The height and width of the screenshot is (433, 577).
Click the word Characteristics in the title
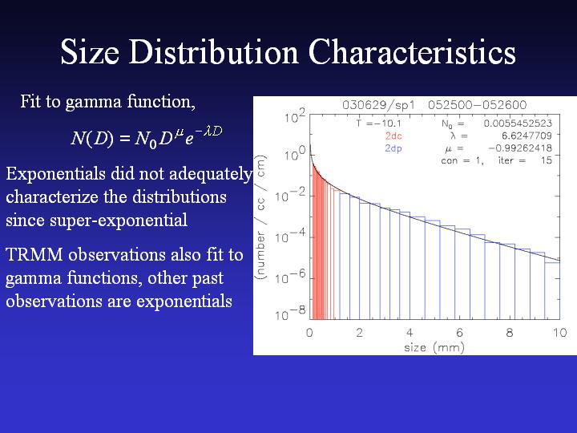(x=412, y=52)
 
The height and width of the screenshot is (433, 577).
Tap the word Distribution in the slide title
(x=213, y=52)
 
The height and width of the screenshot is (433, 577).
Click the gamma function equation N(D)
(x=147, y=138)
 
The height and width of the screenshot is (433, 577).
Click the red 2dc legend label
(x=393, y=136)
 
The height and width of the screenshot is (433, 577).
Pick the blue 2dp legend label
(x=393, y=149)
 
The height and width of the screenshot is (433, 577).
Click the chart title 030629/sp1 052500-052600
(x=434, y=105)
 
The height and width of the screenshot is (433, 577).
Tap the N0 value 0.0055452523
(x=518, y=123)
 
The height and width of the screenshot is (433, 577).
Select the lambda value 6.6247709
(x=527, y=136)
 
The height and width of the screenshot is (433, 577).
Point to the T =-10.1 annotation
(x=378, y=123)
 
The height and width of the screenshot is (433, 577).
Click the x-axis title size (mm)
(x=434, y=347)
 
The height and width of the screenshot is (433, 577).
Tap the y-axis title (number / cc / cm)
(x=260, y=217)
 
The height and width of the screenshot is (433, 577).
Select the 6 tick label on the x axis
(x=460, y=333)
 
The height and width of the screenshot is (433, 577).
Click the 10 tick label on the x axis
(x=559, y=333)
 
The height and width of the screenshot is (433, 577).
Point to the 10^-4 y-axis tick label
(x=291, y=236)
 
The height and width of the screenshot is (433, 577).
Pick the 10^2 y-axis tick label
(x=295, y=116)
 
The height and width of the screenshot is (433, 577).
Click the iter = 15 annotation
(x=525, y=160)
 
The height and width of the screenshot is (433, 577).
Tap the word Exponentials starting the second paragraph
(x=55, y=174)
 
